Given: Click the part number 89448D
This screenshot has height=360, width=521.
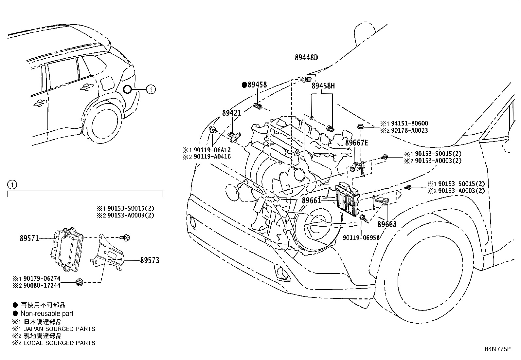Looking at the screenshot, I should [306, 58].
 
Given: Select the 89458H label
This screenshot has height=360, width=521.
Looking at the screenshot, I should [323, 86].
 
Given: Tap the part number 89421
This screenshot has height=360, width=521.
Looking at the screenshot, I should [232, 113].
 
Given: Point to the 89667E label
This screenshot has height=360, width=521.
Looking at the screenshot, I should [357, 142].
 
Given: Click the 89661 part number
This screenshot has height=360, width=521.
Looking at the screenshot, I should [311, 200].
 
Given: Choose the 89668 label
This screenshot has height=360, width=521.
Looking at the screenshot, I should [387, 224].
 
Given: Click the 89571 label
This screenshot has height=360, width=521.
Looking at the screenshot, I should [29, 238].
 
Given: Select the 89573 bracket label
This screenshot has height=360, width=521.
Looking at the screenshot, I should [150, 260].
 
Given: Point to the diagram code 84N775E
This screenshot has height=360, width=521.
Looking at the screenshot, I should [498, 349].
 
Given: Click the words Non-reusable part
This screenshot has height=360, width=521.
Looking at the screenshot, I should [47, 313].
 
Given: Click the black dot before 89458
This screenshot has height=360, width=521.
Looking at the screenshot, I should [244, 85].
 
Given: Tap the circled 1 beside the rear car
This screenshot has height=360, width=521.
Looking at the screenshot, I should [151, 89].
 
